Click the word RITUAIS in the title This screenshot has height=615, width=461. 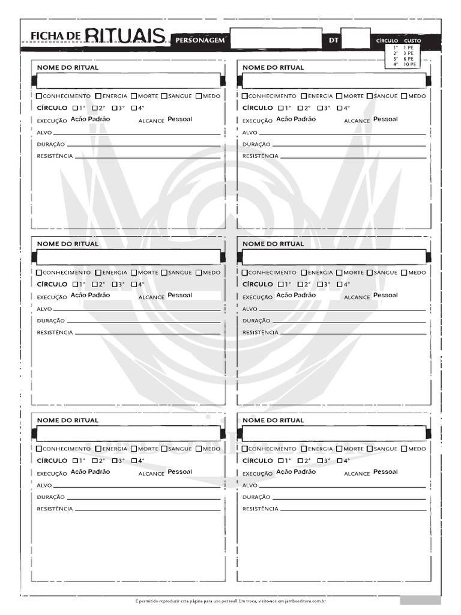(x=125, y=37)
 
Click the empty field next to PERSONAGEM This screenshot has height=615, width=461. (x=276, y=38)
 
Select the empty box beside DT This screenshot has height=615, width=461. (x=355, y=38)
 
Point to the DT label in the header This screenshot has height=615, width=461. (x=334, y=40)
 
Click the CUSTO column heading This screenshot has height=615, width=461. (x=412, y=41)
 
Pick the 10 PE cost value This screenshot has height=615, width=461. (x=410, y=64)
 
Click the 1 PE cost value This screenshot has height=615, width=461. (x=408, y=47)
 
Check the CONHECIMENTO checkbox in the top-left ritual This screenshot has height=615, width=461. (x=40, y=96)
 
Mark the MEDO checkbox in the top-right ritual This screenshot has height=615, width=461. (x=404, y=96)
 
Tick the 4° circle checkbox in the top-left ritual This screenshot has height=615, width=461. (x=134, y=108)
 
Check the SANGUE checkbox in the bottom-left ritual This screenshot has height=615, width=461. (x=164, y=449)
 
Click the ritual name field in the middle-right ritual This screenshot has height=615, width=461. (x=334, y=257)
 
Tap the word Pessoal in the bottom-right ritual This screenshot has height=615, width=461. (x=385, y=471)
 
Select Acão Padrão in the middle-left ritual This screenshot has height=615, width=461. (x=90, y=295)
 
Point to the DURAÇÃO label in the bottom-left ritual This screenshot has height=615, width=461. (x=50, y=497)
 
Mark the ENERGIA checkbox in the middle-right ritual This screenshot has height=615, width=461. (x=304, y=273)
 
